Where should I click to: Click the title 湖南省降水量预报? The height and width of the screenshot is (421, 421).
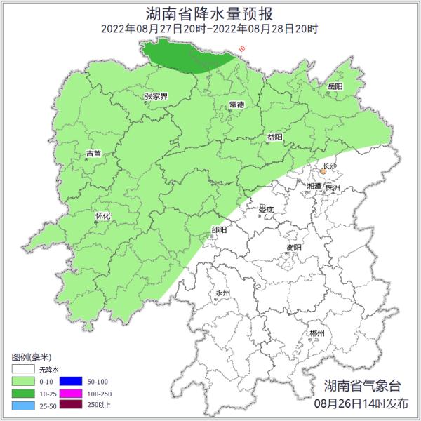point(210,13)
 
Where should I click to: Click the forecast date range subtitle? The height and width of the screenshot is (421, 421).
point(210,29)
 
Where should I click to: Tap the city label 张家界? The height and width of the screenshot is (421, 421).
point(156,96)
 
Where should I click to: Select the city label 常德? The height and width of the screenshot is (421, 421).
point(236,105)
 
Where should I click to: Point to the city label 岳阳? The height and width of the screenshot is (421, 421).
point(335,86)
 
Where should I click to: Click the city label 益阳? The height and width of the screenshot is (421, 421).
point(275,138)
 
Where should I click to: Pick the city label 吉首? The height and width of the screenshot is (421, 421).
point(93,153)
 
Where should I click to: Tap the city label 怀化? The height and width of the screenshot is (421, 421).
point(102,216)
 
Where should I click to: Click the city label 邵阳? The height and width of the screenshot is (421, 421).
point(219,229)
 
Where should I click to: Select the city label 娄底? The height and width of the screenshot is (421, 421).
point(266,210)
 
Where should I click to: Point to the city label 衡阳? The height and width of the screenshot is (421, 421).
point(294,248)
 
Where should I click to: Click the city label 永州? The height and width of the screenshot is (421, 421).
point(222,293)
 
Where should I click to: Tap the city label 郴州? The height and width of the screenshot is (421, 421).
point(317,333)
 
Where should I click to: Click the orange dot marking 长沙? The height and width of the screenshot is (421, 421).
point(323,171)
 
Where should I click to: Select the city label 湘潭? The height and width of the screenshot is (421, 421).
point(314,187)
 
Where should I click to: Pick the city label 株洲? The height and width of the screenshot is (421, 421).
point(333,188)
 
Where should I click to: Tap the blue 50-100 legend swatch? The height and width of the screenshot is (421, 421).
point(69,381)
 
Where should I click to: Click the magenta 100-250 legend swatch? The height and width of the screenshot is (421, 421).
point(69,394)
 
